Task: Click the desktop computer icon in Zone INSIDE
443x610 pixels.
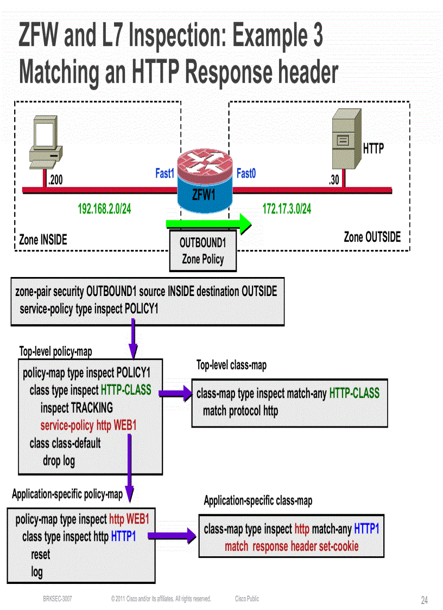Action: [x=47, y=141]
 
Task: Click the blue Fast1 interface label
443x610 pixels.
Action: [x=164, y=174]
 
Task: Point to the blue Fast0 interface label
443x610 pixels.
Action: [x=246, y=174]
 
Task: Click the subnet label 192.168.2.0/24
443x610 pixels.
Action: [x=104, y=209]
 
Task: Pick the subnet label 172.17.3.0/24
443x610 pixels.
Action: [x=287, y=209]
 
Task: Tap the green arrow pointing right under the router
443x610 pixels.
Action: [x=208, y=223]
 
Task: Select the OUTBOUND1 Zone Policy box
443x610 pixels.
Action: [x=202, y=250]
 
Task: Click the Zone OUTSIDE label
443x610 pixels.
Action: [x=372, y=237]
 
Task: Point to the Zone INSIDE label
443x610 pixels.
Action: [x=43, y=240]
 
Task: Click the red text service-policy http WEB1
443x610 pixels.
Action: [x=88, y=425]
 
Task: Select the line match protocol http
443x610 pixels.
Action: [x=240, y=411]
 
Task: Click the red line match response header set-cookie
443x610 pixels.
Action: [x=292, y=546]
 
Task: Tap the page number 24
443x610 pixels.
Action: [x=424, y=600]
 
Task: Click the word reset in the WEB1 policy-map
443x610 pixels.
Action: [x=40, y=555]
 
